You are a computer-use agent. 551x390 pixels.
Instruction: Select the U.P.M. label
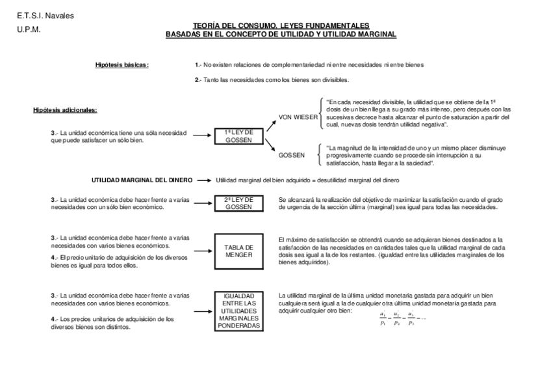29,29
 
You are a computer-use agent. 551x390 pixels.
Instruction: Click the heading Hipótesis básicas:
122,65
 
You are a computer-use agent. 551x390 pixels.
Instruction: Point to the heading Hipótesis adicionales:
65,110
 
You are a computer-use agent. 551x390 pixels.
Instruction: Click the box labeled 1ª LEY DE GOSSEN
239,136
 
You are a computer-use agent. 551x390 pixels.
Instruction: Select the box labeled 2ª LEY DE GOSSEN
239,203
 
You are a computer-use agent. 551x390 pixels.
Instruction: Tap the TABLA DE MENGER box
239,251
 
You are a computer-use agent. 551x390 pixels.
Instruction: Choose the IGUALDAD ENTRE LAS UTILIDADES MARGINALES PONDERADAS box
239,311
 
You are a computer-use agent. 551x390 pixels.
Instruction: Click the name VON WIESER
298,117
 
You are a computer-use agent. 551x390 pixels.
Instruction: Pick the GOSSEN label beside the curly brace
292,156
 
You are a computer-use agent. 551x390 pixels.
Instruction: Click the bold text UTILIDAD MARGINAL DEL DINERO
142,180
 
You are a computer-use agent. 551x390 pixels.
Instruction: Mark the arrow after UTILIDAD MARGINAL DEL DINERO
204,180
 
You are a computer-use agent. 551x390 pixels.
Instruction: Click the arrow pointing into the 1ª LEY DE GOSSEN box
202,136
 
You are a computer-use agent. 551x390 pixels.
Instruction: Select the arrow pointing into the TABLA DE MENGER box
202,251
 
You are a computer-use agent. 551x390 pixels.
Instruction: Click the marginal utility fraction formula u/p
401,318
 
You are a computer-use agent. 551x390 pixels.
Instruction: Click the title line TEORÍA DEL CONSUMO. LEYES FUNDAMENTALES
281,25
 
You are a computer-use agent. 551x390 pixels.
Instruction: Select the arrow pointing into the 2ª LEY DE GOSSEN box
202,203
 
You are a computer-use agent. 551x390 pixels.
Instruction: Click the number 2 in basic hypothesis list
196,79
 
